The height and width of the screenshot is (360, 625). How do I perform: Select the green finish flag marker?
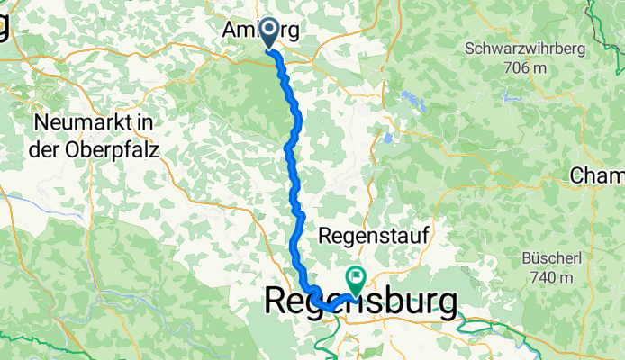(x=357, y=280)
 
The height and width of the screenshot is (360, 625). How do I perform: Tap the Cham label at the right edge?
(x=596, y=175)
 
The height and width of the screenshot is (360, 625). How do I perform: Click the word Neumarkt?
(x=76, y=121)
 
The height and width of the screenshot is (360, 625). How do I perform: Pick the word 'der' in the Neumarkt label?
(x=42, y=150)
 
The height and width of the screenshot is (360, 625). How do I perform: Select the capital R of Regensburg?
(x=279, y=301)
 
